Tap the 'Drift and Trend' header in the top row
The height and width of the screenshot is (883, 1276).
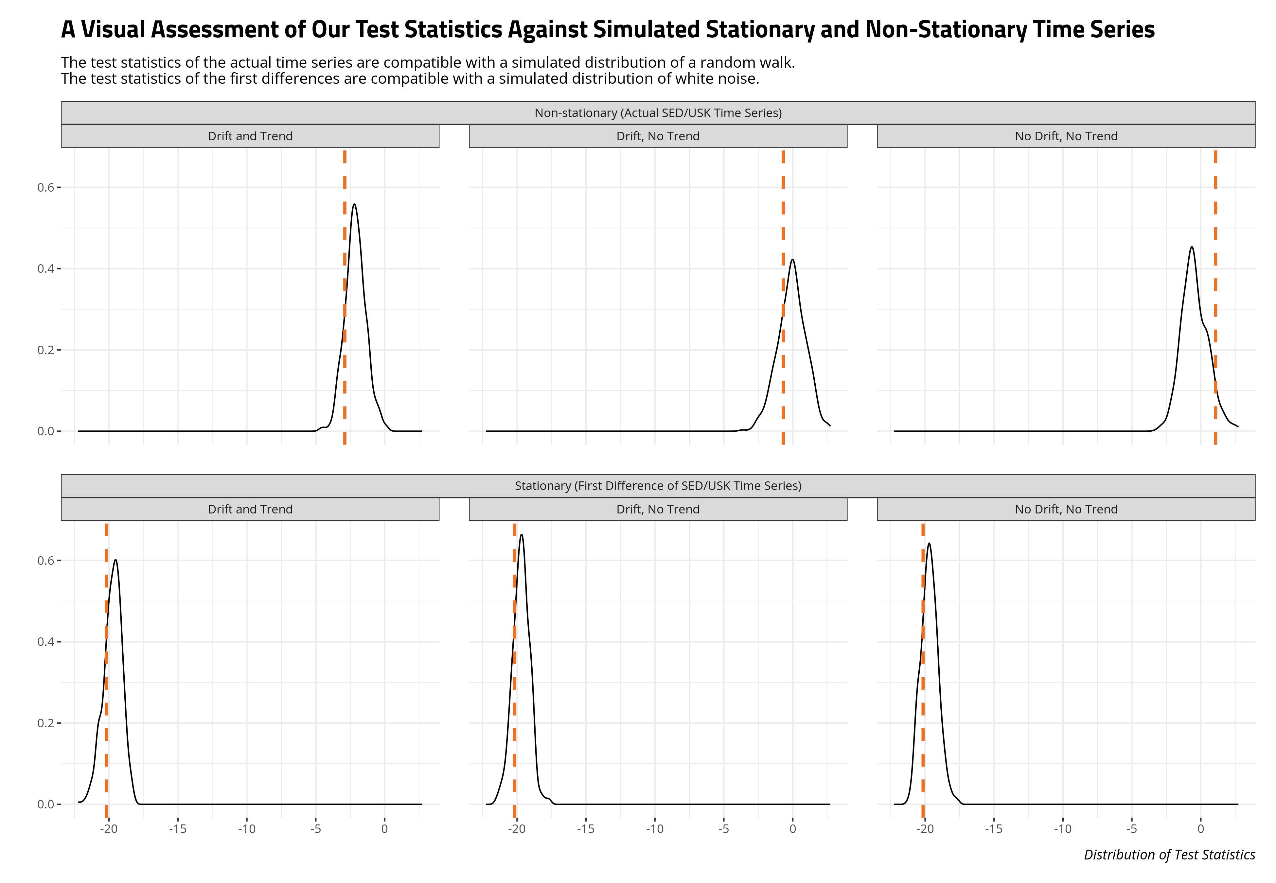(250, 136)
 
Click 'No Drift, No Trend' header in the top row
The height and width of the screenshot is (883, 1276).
(1066, 136)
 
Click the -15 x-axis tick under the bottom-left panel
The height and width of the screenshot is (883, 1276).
(178, 829)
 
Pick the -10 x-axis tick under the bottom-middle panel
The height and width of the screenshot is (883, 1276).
(655, 829)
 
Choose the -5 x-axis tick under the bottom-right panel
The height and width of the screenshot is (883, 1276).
(1132, 829)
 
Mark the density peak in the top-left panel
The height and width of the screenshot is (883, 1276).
(354, 204)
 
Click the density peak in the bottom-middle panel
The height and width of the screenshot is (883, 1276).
(521, 534)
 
